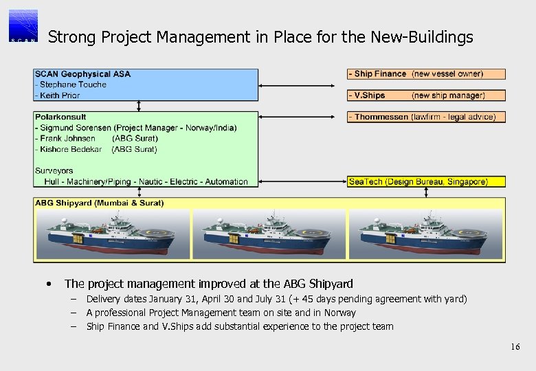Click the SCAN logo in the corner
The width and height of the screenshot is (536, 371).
click(x=24, y=26)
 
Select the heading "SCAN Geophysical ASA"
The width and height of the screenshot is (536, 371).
click(x=82, y=74)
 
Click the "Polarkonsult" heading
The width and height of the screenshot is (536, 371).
click(x=60, y=117)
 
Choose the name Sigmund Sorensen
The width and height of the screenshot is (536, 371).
click(x=76, y=128)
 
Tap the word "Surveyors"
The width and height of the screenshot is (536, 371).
click(x=54, y=170)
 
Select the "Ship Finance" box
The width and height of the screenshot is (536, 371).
click(x=426, y=74)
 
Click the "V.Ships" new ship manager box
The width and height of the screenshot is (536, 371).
click(x=426, y=95)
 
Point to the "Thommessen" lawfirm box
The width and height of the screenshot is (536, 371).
click(x=426, y=117)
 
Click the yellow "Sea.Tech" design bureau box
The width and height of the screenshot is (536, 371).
click(x=426, y=181)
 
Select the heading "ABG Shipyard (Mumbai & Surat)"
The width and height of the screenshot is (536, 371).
click(x=100, y=203)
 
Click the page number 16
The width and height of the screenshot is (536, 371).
click(x=515, y=347)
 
